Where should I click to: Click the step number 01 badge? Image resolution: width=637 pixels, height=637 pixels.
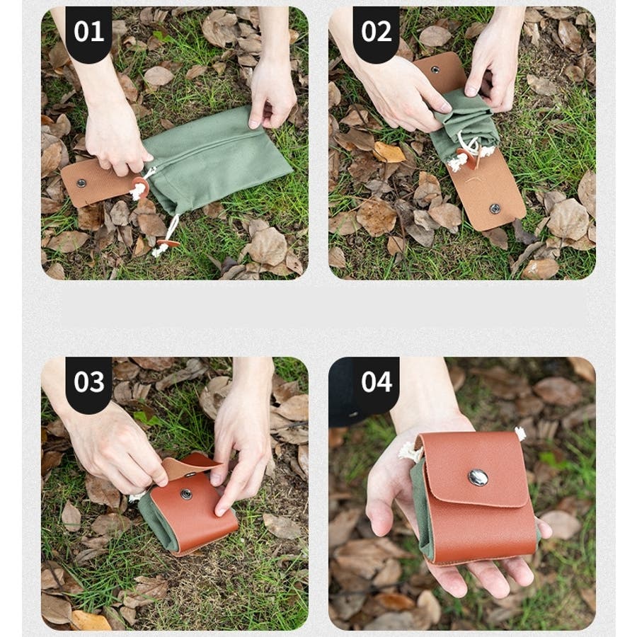[88, 33]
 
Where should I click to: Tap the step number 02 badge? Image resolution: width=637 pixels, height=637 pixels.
[376, 33]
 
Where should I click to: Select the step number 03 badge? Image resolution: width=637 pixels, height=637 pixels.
[88, 383]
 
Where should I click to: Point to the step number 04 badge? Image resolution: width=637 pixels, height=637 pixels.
[376, 383]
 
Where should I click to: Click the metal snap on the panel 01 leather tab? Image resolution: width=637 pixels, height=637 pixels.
[81, 183]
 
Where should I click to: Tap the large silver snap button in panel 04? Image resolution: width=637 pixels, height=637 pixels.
[478, 477]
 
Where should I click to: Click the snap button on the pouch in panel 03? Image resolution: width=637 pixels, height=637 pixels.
[186, 493]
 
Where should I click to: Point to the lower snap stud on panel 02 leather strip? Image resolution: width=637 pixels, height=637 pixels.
[495, 208]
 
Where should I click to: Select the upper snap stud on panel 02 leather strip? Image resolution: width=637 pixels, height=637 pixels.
[435, 69]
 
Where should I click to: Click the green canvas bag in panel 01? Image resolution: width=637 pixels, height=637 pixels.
[215, 159]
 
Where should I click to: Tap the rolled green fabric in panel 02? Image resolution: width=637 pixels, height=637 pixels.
[463, 122]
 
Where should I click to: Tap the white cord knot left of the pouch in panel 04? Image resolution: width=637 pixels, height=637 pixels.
[411, 452]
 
